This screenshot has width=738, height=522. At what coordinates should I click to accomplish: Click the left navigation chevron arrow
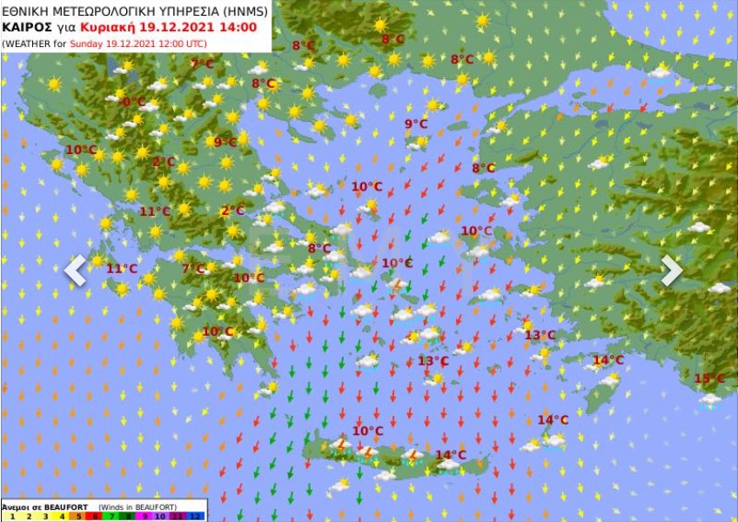coord(76,271)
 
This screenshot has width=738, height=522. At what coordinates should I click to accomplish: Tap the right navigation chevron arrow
coord(671,270)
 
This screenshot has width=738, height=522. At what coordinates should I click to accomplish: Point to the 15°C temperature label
coord(708,378)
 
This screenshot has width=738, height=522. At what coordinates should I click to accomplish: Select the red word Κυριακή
coord(122,27)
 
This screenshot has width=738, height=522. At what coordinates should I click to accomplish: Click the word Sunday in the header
coord(89,43)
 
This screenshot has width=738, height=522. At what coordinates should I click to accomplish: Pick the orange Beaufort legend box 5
coord(77,516)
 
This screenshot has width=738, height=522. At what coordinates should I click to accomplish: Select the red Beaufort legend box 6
coord(95,516)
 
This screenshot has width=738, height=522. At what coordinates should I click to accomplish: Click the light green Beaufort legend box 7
coord(112,516)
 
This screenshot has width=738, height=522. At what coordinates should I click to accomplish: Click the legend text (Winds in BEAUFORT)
coord(139,505)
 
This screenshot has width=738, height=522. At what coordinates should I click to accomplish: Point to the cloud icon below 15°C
coord(710,400)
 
